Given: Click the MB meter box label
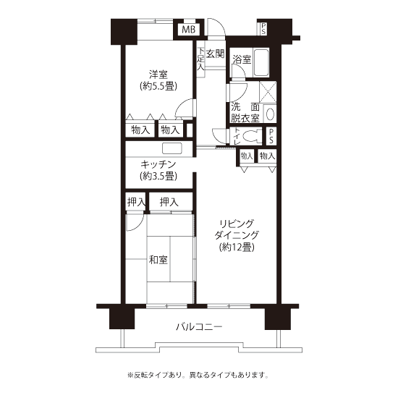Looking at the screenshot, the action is coord(189,30).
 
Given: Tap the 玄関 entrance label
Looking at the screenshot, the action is coord(215,54).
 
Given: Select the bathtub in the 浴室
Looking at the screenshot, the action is coord(261,62).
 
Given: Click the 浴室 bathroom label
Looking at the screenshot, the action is coord(242,59).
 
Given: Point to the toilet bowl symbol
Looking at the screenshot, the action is coord(250,137).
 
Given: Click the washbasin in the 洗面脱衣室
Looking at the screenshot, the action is coord(270,114).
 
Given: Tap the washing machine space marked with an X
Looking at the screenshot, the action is coord(268,92).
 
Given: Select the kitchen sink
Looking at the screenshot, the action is coord(172,148).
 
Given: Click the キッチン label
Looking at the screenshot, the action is coord(158,165).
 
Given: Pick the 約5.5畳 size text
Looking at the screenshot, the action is coord(158,86).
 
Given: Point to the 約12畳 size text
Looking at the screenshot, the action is coord(237,247).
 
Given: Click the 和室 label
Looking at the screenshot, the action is coord(158,260).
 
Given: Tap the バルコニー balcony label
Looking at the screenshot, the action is coord(199,326).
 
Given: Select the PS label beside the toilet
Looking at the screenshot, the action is coord(271,136).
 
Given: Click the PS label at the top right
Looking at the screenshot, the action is coord(263,29).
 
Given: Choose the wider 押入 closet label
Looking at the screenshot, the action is coord(169,202).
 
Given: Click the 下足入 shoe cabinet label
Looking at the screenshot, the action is coord(200,59).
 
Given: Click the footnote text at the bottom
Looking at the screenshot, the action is coord(198,375).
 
